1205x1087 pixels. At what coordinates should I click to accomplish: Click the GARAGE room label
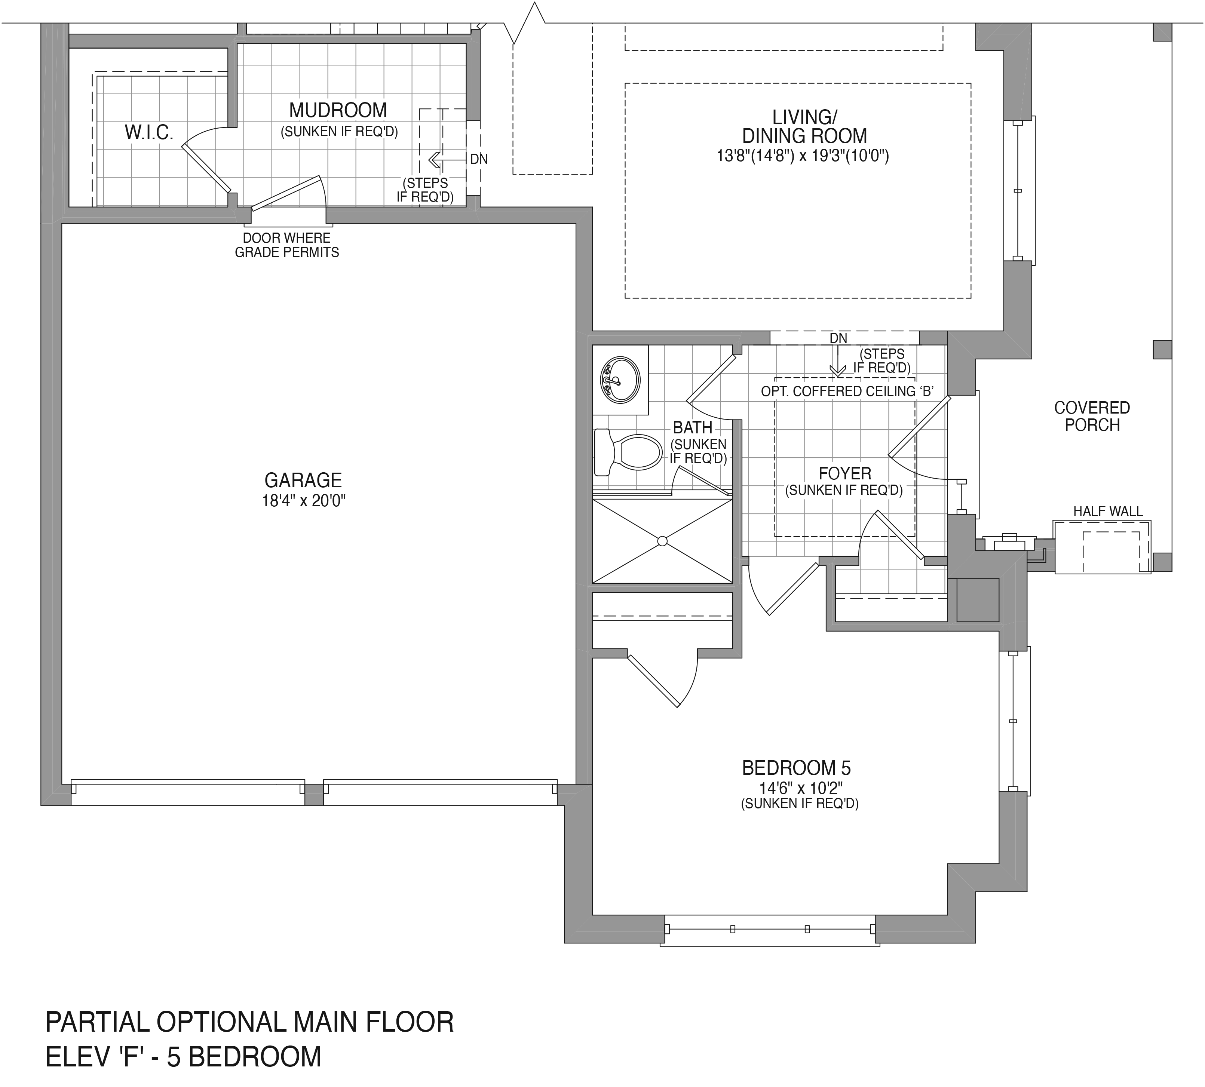coord(303,480)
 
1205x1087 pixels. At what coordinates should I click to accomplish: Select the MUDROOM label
coord(338,110)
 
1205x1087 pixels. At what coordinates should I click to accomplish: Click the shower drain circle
coord(662,541)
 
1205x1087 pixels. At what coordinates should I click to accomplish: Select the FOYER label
coord(845,474)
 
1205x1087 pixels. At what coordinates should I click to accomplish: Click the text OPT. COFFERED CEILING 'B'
coord(847,391)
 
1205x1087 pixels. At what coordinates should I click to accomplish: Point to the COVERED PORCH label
coord(1092,416)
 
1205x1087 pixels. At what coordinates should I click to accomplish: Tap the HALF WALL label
coord(1108,511)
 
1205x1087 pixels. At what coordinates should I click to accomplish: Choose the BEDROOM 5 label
coord(796,767)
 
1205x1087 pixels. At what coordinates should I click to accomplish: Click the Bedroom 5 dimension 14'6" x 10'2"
coord(800,788)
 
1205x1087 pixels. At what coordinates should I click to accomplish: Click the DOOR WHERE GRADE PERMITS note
coord(287,245)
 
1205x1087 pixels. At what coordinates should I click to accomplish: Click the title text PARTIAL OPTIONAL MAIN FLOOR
coord(250,1022)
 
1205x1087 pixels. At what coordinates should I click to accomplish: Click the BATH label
coord(692,428)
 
